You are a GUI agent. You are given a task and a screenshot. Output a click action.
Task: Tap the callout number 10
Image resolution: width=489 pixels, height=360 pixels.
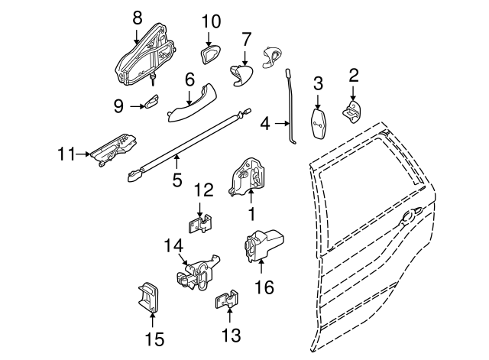(211, 21)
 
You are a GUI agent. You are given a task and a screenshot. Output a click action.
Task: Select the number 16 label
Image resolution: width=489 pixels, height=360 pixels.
(264, 287)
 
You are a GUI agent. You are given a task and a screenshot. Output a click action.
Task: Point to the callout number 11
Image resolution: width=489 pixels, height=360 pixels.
(66, 154)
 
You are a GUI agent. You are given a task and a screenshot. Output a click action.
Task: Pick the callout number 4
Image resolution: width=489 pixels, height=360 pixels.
(265, 122)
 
